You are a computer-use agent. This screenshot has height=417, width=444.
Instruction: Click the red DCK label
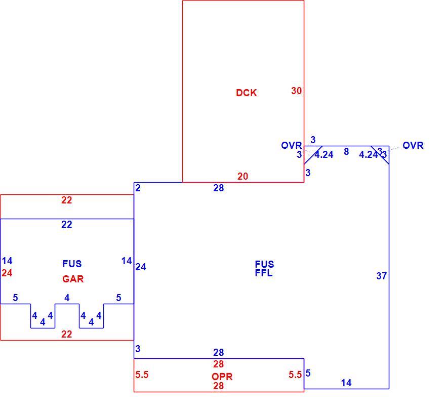click(x=247, y=93)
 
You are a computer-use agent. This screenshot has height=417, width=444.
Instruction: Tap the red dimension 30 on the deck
click(x=297, y=91)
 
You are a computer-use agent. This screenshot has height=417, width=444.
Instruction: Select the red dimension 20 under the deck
click(x=243, y=177)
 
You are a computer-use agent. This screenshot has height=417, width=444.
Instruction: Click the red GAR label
click(x=73, y=279)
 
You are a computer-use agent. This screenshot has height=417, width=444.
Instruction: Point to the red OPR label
click(x=222, y=377)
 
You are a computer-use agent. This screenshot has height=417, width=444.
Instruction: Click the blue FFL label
click(x=264, y=273)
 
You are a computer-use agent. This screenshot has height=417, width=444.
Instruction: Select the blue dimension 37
click(x=381, y=276)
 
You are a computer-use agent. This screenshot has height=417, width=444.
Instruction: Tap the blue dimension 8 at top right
click(x=346, y=152)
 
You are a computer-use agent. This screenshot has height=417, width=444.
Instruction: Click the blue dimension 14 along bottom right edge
click(x=346, y=383)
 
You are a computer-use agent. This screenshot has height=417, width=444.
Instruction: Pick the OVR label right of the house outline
click(x=413, y=146)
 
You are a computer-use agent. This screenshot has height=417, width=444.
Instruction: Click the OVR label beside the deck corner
click(x=292, y=146)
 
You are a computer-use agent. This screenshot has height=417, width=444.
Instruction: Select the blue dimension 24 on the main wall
click(x=141, y=267)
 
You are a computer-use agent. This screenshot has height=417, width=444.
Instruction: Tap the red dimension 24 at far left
click(x=7, y=273)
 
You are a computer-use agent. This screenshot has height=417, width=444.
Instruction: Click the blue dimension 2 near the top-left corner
click(x=138, y=188)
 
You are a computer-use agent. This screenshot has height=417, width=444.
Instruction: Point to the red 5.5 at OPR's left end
click(x=142, y=375)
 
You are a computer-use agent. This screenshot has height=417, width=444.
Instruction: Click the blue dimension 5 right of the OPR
click(x=308, y=373)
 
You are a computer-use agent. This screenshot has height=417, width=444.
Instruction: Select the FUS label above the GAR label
click(x=72, y=264)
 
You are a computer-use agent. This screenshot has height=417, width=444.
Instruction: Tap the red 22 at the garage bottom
click(x=66, y=335)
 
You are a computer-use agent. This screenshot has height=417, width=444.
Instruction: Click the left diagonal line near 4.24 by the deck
click(x=313, y=155)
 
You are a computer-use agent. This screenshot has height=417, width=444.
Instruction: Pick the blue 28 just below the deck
click(x=219, y=188)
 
